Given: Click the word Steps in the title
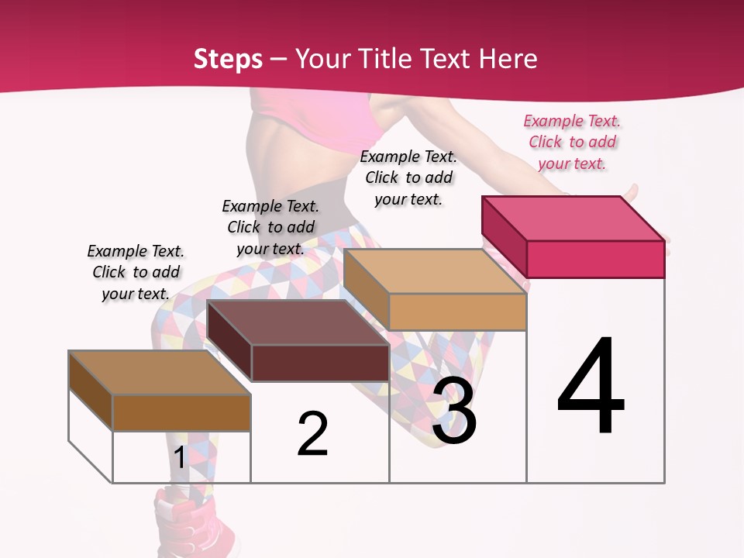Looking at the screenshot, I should point(228,59).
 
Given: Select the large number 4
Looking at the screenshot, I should point(591,387).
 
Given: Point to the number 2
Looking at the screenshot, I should point(313,434).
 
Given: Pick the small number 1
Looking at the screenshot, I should point(180,458).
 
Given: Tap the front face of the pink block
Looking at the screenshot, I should point(595,259).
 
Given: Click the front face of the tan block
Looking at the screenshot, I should point(457,312).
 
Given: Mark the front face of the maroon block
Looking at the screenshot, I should point(320,363).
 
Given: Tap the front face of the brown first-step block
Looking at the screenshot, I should point(181,412).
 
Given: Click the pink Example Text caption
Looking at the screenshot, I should point(572,142).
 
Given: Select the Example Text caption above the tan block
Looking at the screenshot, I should point(408,177).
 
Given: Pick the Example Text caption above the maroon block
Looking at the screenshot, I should point(270,227).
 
